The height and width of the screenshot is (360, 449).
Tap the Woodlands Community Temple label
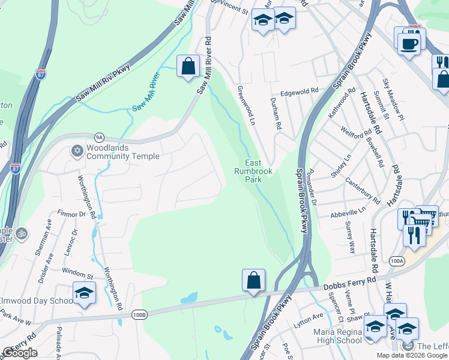[x=122, y=152]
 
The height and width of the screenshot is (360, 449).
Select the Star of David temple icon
[x=77, y=151]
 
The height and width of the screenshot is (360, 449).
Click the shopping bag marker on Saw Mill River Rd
[x=188, y=67]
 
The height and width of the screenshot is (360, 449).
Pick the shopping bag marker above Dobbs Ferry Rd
[x=253, y=280]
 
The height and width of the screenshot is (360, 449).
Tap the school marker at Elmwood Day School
[x=84, y=293]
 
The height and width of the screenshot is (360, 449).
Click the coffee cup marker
[x=409, y=44]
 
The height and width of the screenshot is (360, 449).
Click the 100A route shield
[x=396, y=261]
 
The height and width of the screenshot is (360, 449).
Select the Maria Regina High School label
[x=338, y=336]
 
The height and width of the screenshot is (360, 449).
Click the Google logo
[x=20, y=353]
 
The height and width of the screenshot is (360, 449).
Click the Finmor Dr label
[x=72, y=214]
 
